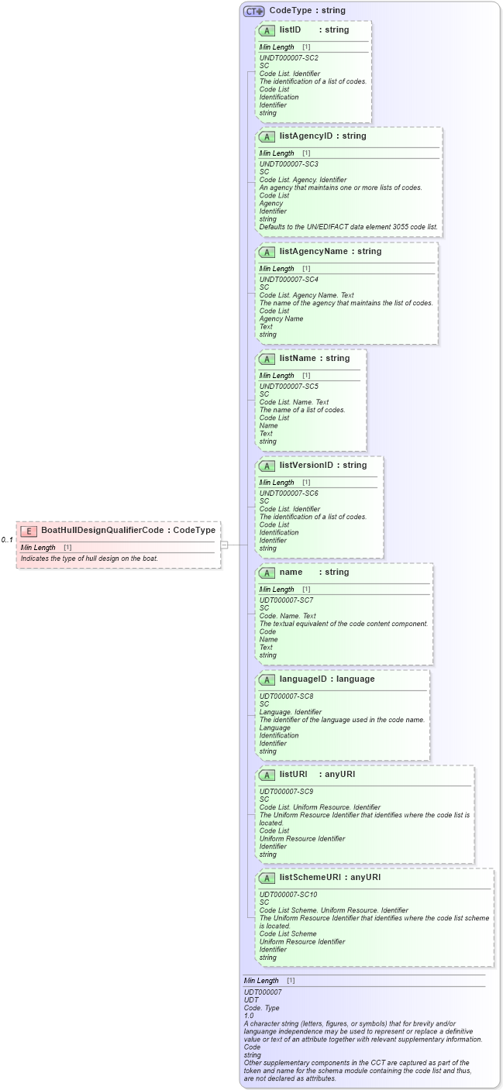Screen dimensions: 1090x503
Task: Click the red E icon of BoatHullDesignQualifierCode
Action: [x=29, y=531]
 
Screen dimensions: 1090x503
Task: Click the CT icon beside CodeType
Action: [x=254, y=11]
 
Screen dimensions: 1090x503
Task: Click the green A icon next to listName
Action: [x=267, y=359]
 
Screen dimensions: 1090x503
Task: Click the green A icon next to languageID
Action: [x=267, y=679]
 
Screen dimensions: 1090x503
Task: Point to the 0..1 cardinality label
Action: [x=7, y=540]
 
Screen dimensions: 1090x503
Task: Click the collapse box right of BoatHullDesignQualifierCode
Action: [x=224, y=545]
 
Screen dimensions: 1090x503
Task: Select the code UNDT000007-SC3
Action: [x=288, y=164]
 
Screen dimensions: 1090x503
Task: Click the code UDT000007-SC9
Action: [x=286, y=792]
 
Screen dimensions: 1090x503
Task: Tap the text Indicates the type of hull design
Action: [x=89, y=559]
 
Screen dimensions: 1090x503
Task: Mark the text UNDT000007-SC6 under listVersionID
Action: [x=288, y=493]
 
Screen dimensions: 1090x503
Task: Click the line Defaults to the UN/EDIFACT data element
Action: [x=348, y=227]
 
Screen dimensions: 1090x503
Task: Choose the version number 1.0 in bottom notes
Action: [x=249, y=1016]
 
